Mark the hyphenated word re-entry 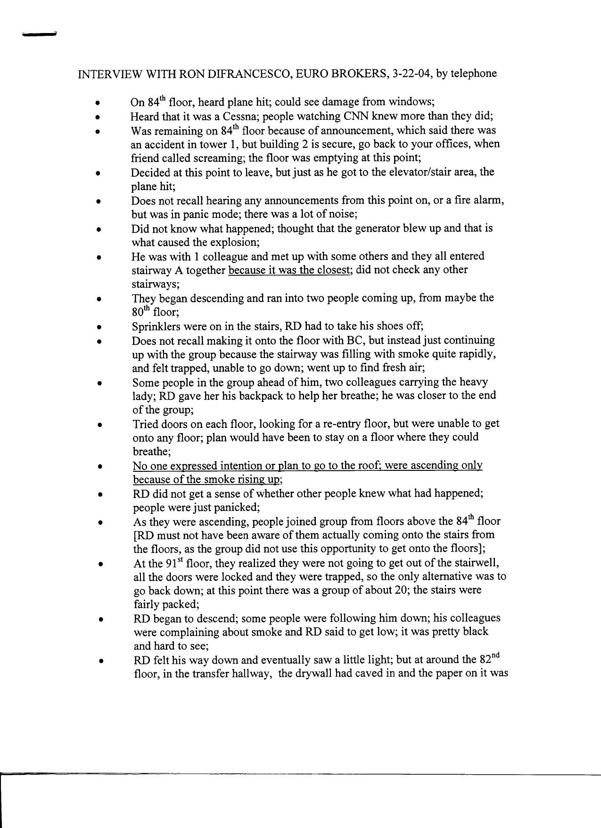point(333,424)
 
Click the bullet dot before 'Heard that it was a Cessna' point(98,117)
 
